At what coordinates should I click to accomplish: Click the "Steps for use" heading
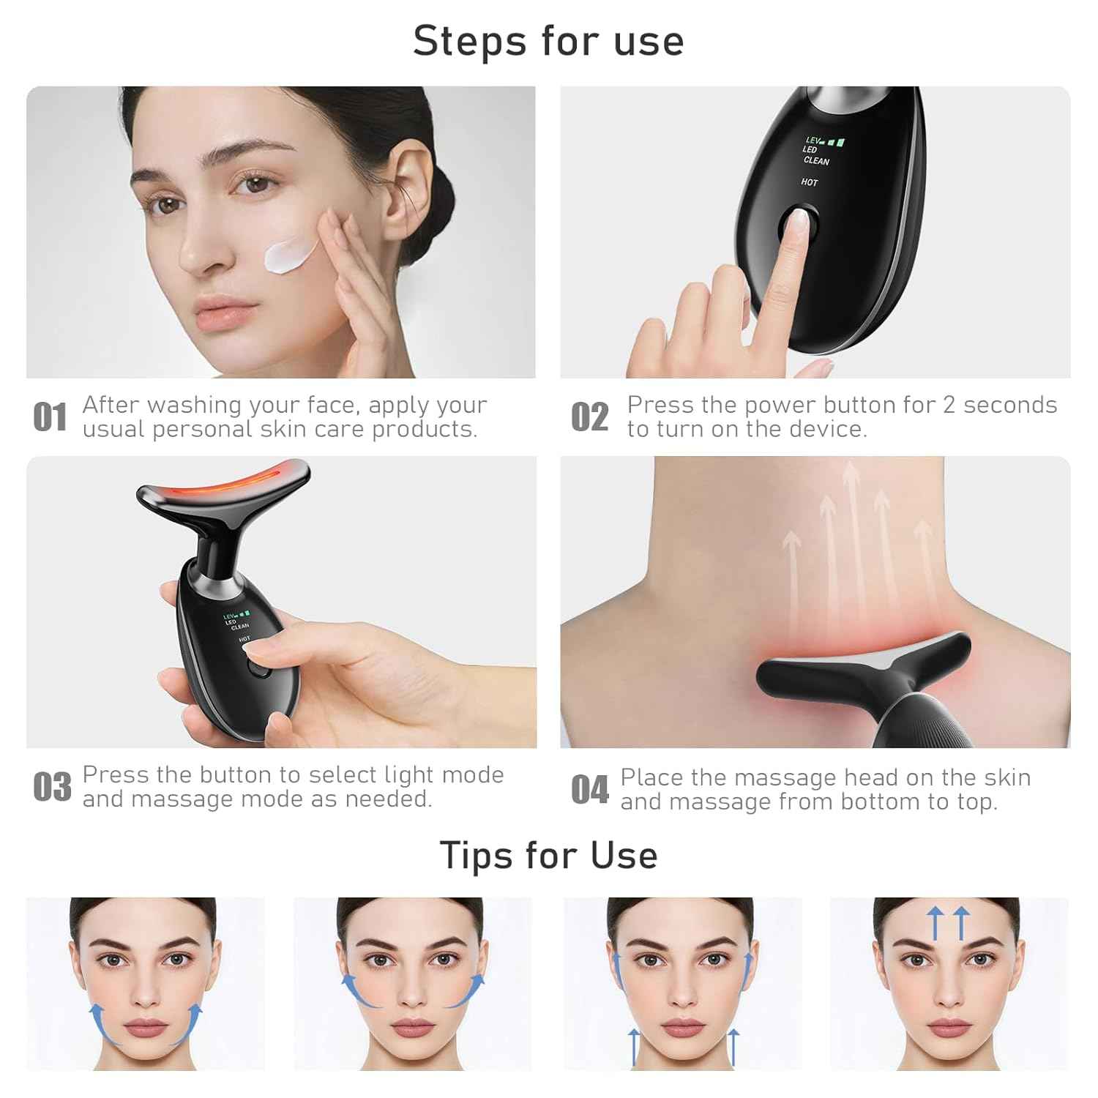(x=548, y=40)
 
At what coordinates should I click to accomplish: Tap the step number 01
(x=50, y=417)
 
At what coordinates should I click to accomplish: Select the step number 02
(x=589, y=417)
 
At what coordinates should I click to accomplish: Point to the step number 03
(x=52, y=787)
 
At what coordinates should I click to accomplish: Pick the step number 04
(x=589, y=790)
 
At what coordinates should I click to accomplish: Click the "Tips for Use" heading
(x=548, y=854)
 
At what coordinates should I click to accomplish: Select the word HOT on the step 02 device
(x=809, y=182)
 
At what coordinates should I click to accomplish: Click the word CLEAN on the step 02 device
(x=816, y=160)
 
